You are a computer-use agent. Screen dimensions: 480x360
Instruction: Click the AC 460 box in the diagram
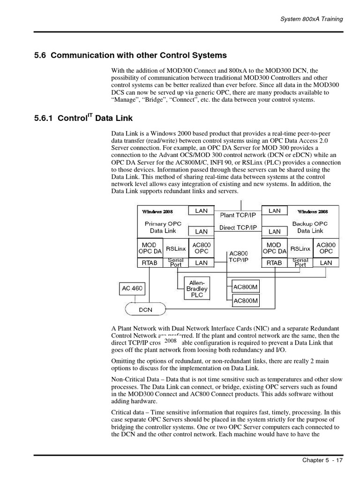[132, 288]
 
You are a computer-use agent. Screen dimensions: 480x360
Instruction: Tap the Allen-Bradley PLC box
[197, 289]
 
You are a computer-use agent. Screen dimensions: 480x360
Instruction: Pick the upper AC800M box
[246, 287]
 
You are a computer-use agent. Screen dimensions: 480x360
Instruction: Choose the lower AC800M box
[246, 300]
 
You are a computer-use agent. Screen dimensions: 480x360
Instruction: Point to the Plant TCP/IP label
[239, 215]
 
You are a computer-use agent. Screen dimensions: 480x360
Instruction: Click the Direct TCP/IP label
[239, 228]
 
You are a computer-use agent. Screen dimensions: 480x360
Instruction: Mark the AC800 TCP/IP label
[239, 256]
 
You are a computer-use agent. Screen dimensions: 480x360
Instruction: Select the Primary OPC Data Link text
[163, 227]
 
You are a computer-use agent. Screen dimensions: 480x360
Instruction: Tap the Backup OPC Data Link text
[310, 227]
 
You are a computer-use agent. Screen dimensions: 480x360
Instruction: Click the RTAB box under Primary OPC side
[150, 263]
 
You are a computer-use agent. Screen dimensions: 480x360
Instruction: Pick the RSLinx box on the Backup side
[300, 248]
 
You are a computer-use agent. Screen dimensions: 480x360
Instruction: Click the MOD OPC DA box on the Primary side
[150, 248]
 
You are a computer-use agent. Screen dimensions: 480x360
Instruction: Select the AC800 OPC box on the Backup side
[326, 248]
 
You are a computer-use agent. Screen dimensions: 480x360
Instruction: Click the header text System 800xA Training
[311, 19]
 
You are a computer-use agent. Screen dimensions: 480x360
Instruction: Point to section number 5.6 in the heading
[40, 55]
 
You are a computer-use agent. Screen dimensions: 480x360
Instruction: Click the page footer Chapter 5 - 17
[322, 460]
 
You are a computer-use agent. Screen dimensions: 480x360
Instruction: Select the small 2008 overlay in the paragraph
[171, 341]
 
